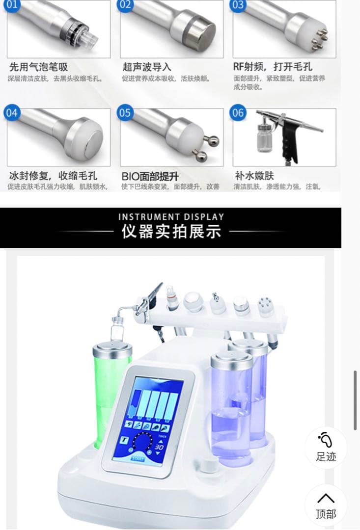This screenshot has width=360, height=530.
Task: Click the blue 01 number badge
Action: (x=12, y=5)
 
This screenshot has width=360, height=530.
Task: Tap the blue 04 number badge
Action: (x=12, y=113)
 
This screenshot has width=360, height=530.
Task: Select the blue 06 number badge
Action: (x=238, y=113)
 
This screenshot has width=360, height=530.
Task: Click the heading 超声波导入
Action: (x=147, y=67)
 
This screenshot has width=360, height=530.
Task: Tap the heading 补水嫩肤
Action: (x=254, y=176)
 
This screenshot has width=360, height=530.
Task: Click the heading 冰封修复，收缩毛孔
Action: (x=53, y=176)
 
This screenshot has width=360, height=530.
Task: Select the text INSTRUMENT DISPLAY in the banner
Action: (x=171, y=217)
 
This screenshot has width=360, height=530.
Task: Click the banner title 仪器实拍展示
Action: (x=171, y=232)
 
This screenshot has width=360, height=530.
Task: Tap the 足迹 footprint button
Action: (x=326, y=448)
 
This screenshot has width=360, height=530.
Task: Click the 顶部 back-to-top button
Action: (x=326, y=505)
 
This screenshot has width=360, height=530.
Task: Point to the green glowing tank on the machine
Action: (x=112, y=393)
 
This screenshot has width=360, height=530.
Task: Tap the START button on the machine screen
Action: (x=138, y=459)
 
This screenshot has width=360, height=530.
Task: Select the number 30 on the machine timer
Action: (x=160, y=447)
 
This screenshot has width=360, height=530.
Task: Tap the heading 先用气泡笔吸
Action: (x=38, y=67)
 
